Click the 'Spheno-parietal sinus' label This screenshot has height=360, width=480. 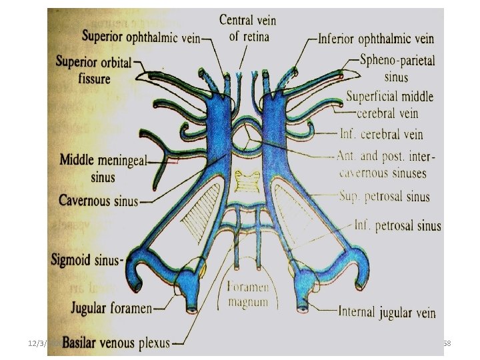click(x=397, y=67)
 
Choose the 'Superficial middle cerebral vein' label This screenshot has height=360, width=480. click(x=389, y=103)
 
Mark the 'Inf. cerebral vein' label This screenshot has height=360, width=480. click(x=381, y=134)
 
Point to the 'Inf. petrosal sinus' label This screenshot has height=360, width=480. click(x=397, y=225)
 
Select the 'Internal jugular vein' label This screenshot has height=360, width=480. click(x=387, y=311)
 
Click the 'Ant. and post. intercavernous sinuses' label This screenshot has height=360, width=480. click(x=383, y=165)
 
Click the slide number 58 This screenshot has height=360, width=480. click(x=447, y=342)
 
